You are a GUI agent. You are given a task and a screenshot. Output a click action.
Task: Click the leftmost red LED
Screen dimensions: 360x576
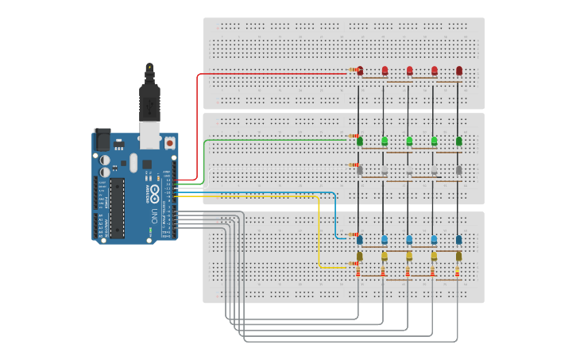tap(360, 71)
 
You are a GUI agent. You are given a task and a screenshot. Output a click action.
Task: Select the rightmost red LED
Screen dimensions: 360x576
tap(459, 71)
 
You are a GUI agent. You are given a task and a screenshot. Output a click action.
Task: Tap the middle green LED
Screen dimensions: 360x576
tap(409, 141)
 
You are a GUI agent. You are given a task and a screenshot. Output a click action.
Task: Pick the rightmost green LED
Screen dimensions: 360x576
tap(459, 141)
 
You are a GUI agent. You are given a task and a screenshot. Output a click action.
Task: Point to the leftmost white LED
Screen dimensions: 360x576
tap(360, 169)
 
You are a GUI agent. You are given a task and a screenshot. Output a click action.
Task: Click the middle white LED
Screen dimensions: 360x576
tap(409, 169)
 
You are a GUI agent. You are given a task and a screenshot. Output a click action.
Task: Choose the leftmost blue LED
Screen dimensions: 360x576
tap(360, 238)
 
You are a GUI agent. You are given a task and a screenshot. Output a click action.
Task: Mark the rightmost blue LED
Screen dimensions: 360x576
tap(459, 238)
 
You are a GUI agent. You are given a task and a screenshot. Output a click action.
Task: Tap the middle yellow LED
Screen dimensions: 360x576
tap(409, 256)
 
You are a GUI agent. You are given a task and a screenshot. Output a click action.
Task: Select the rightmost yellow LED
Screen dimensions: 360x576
tap(459, 256)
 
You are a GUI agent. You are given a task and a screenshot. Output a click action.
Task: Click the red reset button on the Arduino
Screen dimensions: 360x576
tap(169, 143)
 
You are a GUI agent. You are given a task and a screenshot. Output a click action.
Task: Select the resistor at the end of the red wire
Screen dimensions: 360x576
tap(353, 70)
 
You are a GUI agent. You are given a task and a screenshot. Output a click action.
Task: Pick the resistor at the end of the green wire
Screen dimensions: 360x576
tap(353, 137)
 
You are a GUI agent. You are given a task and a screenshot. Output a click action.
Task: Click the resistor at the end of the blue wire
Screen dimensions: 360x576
tap(353, 235)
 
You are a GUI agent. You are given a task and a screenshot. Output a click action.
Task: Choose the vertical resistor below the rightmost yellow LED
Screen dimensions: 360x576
tap(458, 273)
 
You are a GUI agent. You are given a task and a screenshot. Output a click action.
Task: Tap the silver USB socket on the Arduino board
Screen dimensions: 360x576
tap(149, 135)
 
